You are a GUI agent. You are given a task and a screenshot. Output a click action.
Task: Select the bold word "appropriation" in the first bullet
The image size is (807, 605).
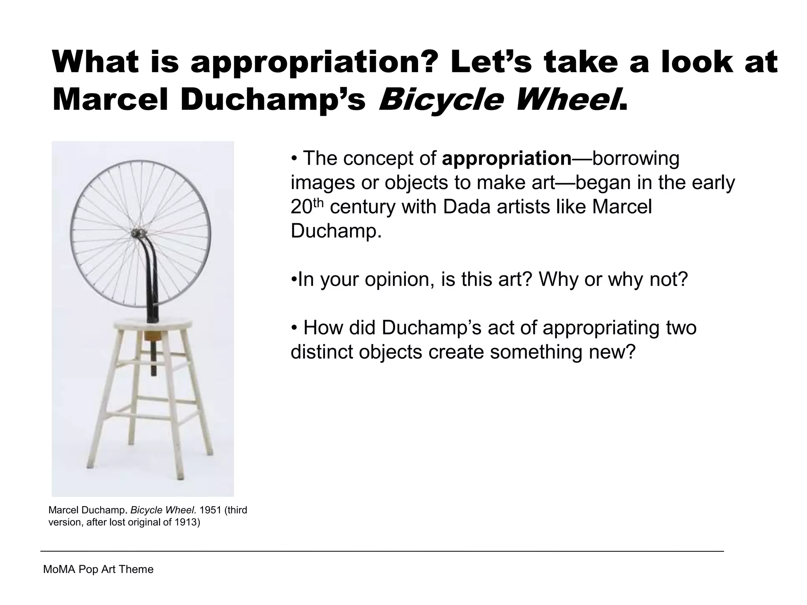[x=507, y=158]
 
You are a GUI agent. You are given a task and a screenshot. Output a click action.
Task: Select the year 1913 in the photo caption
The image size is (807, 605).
[x=184, y=523]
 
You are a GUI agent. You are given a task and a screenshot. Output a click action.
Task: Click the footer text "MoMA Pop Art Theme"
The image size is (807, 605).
[x=98, y=569]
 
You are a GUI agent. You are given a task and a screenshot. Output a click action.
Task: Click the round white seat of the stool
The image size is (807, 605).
[x=154, y=325]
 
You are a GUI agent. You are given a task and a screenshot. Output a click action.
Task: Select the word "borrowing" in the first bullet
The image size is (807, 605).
[x=636, y=158]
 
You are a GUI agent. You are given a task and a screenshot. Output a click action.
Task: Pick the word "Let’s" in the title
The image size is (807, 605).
[x=491, y=62]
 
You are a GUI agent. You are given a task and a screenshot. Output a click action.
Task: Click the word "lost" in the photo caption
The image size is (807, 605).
[x=120, y=523]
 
